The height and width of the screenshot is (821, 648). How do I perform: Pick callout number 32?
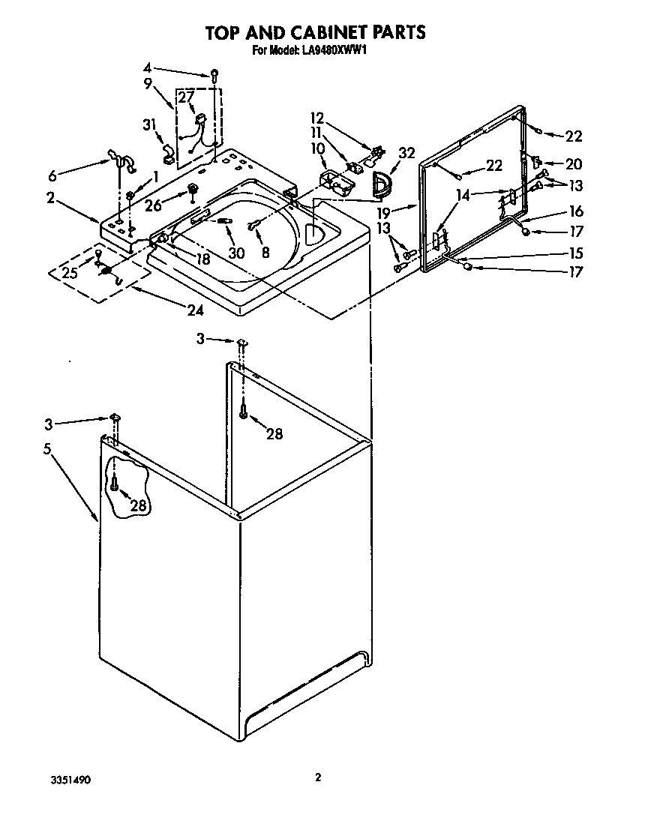click(x=406, y=153)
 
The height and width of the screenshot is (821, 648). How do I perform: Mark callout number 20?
click(x=573, y=163)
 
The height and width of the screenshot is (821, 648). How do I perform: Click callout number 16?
click(x=575, y=212)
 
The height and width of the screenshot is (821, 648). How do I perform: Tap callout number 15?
click(x=575, y=253)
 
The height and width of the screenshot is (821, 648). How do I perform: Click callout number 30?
click(x=237, y=253)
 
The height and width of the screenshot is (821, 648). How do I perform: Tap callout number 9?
click(x=148, y=83)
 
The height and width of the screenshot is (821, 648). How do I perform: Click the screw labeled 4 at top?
click(x=214, y=73)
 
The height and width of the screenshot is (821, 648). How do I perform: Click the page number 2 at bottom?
click(x=318, y=778)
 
